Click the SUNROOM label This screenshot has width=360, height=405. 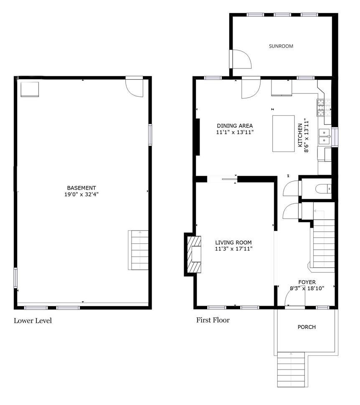281,46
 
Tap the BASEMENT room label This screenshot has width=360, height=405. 81,188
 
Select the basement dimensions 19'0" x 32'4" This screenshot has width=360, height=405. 81,194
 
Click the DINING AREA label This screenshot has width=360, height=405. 235,126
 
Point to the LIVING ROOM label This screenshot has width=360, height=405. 233,243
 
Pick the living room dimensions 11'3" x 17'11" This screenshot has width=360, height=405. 233,249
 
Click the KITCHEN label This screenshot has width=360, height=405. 300,135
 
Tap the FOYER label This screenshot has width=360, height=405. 307,282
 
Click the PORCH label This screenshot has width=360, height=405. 307,327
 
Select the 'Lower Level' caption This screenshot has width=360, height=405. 33,321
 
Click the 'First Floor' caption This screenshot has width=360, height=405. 213,320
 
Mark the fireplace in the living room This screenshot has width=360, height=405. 193,254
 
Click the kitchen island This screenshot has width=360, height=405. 284,134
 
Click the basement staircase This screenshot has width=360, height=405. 138,250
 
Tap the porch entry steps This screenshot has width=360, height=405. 291,370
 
